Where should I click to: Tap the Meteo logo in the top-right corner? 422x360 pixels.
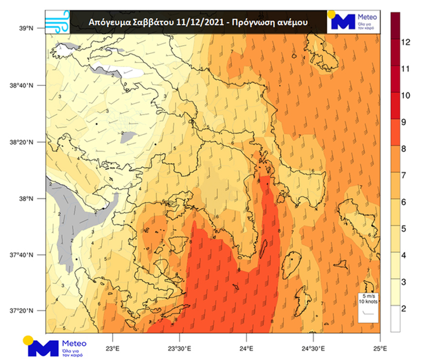[354, 21]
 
